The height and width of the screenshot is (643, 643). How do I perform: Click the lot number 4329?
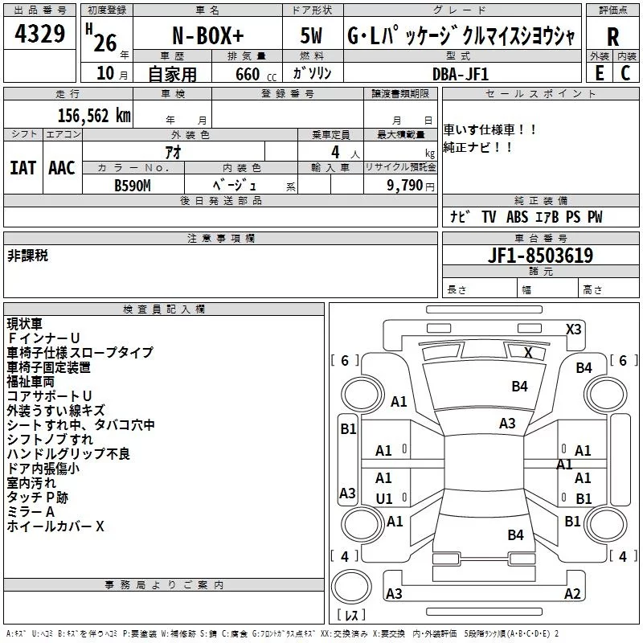(39, 33)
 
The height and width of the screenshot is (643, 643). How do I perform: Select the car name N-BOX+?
(208, 35)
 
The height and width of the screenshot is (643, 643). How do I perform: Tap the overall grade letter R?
(612, 37)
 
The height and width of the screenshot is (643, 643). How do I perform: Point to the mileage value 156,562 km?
(94, 116)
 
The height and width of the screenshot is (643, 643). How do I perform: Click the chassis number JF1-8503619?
(540, 256)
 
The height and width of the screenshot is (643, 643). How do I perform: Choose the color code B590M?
(133, 186)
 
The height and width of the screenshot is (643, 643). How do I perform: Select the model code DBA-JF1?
(461, 74)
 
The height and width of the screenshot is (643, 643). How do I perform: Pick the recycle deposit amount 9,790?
(404, 186)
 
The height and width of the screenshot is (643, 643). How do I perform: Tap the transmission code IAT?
(23, 168)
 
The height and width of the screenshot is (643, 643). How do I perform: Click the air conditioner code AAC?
(62, 168)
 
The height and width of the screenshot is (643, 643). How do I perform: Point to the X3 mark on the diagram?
(573, 330)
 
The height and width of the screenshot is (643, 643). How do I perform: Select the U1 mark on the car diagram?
(384, 498)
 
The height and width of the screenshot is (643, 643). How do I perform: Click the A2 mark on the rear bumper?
(572, 593)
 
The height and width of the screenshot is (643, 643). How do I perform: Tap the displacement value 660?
(248, 74)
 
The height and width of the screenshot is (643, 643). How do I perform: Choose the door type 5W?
(311, 35)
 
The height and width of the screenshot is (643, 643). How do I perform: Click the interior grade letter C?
(625, 73)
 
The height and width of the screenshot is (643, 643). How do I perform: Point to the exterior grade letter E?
(600, 73)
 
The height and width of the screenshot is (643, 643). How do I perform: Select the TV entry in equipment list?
(489, 216)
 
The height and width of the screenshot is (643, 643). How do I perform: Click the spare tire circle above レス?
(351, 586)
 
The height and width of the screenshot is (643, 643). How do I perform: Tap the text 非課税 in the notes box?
(27, 256)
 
